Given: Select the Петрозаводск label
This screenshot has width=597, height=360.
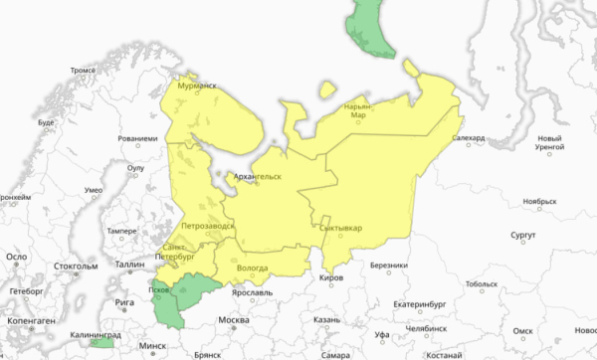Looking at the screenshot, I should pos(208,227).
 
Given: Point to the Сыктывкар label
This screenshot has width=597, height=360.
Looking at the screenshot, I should pos(340,228).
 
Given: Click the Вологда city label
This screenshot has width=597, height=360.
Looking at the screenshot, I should pos(254,269).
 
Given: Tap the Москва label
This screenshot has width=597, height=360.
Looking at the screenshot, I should pos(233,319).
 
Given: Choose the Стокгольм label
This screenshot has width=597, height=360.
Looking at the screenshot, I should pos(76,267).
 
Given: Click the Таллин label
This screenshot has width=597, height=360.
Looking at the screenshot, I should pos(130,265).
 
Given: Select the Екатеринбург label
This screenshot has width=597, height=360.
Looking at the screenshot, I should pos(395,303).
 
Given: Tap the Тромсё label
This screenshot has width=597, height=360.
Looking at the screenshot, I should pos(83,72).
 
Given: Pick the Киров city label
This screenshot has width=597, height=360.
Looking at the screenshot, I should pos(330,278).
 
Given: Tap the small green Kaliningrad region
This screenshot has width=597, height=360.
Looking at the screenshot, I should pos(100,346).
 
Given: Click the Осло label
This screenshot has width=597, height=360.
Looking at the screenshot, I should pos(16,256).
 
